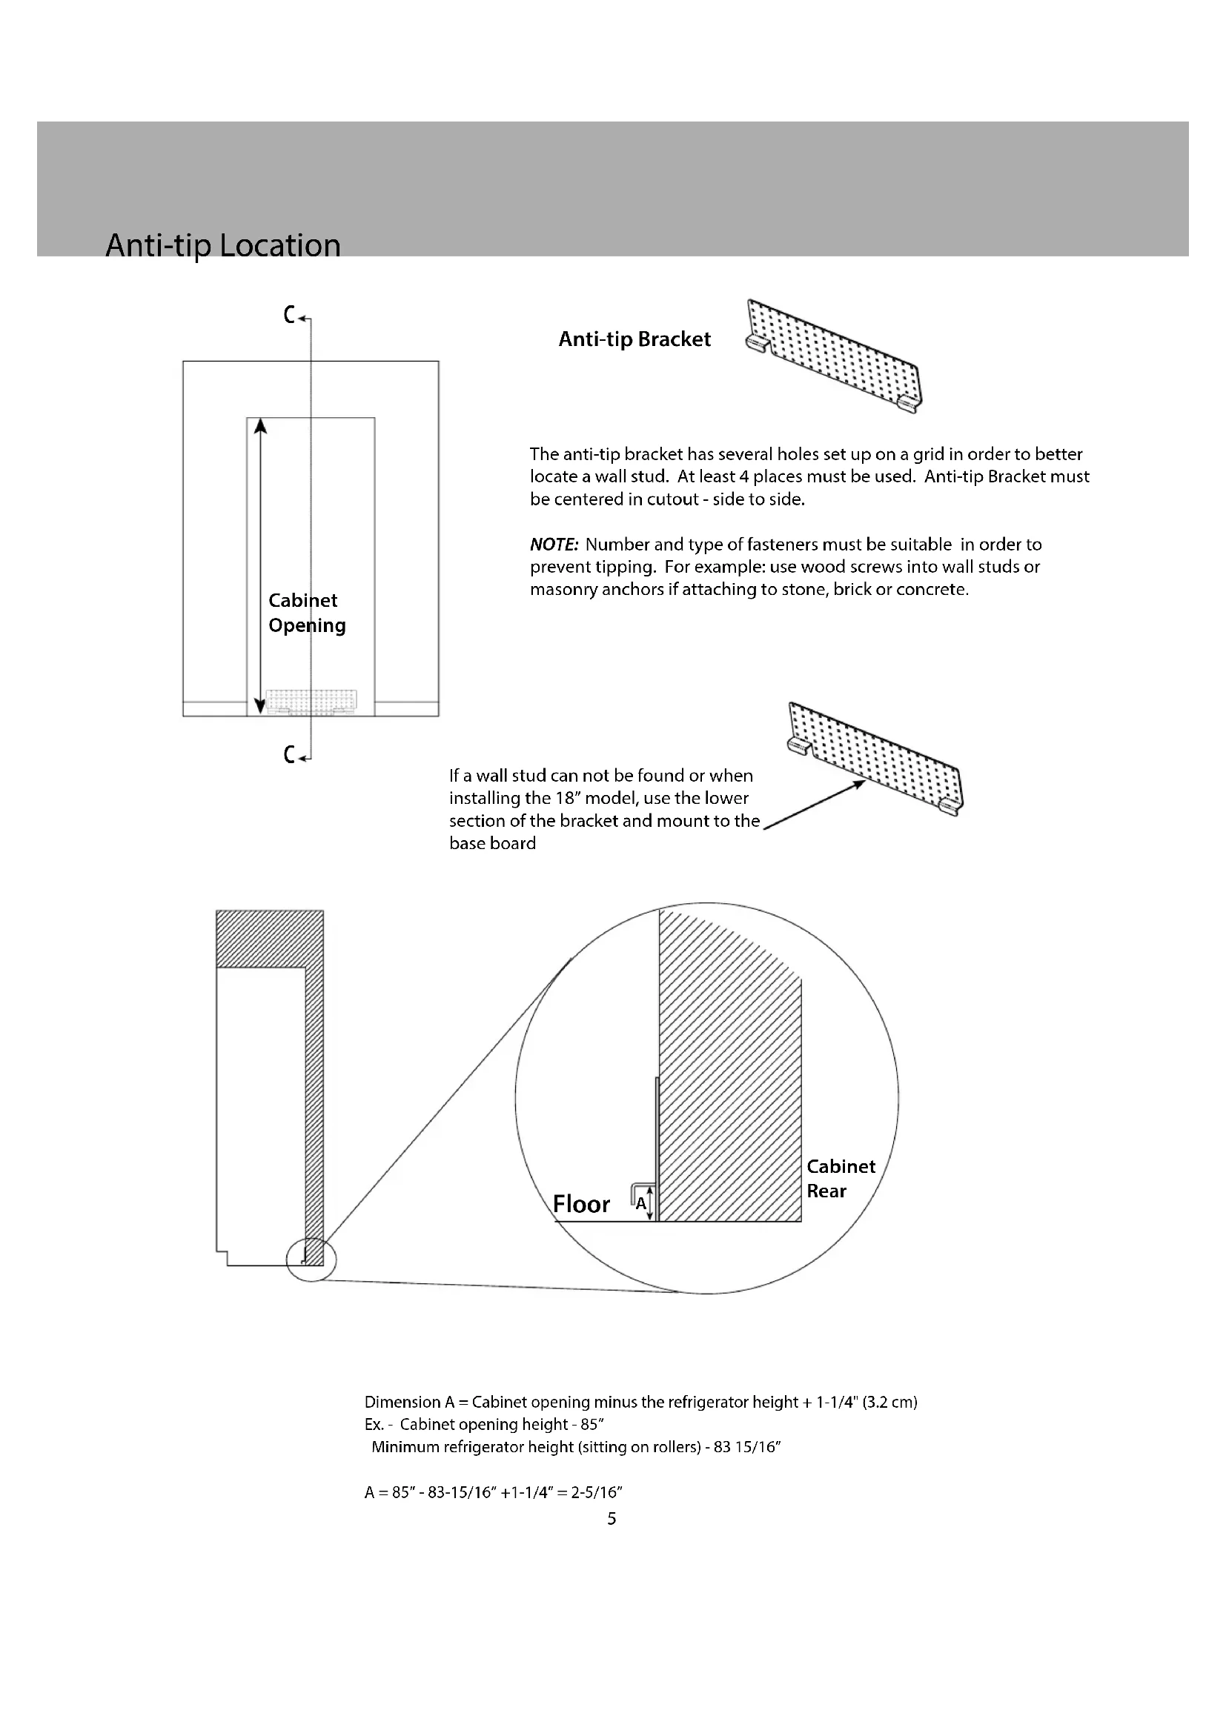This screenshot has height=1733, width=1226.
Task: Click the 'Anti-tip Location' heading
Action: tap(222, 245)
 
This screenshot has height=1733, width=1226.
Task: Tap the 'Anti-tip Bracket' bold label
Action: tap(634, 339)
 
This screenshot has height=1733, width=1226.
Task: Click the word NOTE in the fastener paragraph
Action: tap(554, 545)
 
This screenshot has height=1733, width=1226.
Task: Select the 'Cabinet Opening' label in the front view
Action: tap(307, 612)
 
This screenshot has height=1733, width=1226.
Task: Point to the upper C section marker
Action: tap(290, 315)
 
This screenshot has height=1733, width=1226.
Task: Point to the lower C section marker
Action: tap(290, 754)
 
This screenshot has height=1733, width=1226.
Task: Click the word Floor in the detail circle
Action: tap(580, 1204)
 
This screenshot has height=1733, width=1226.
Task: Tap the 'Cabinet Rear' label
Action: tap(841, 1178)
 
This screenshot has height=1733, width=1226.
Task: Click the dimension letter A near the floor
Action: tap(640, 1203)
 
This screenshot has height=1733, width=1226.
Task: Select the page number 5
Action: tap(612, 1519)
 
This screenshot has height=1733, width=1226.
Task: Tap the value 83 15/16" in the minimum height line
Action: tap(746, 1447)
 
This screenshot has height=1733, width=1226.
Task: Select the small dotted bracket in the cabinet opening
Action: tap(311, 700)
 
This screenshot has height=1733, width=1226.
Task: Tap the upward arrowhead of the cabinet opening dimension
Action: tap(260, 427)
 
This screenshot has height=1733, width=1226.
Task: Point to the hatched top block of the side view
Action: tap(270, 938)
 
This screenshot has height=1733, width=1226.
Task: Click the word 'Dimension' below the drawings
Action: tap(402, 1403)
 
